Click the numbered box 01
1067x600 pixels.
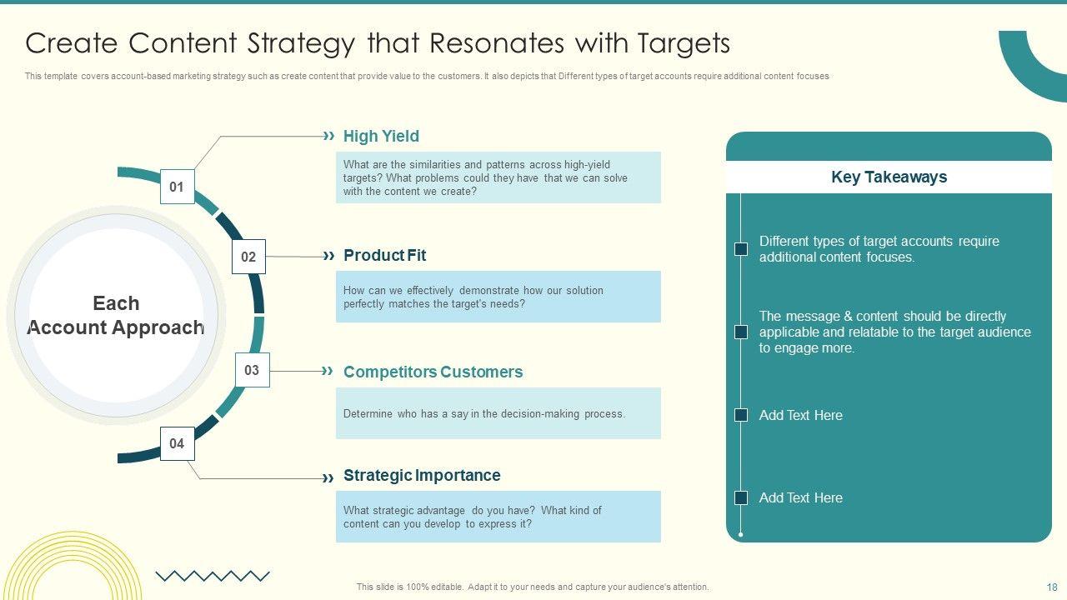(178, 186)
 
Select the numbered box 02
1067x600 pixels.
(248, 257)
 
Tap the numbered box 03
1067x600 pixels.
(253, 370)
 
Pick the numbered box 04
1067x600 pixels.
(178, 443)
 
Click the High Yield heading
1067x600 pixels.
(381, 136)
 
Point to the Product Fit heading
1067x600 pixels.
(384, 255)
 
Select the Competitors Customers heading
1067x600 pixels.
(433, 372)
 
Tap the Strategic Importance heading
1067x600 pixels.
(422, 475)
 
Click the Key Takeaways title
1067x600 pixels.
(889, 177)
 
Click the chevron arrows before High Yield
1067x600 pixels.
(328, 136)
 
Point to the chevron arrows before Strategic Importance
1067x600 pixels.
(328, 477)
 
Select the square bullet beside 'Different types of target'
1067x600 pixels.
(741, 249)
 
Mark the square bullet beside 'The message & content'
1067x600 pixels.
(741, 332)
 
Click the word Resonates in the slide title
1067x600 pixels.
(497, 42)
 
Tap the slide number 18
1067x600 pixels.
(1052, 587)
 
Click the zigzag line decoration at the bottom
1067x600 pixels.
(213, 576)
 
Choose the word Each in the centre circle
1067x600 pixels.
(116, 303)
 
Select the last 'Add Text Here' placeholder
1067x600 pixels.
(801, 497)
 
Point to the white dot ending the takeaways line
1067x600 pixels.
(741, 535)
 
